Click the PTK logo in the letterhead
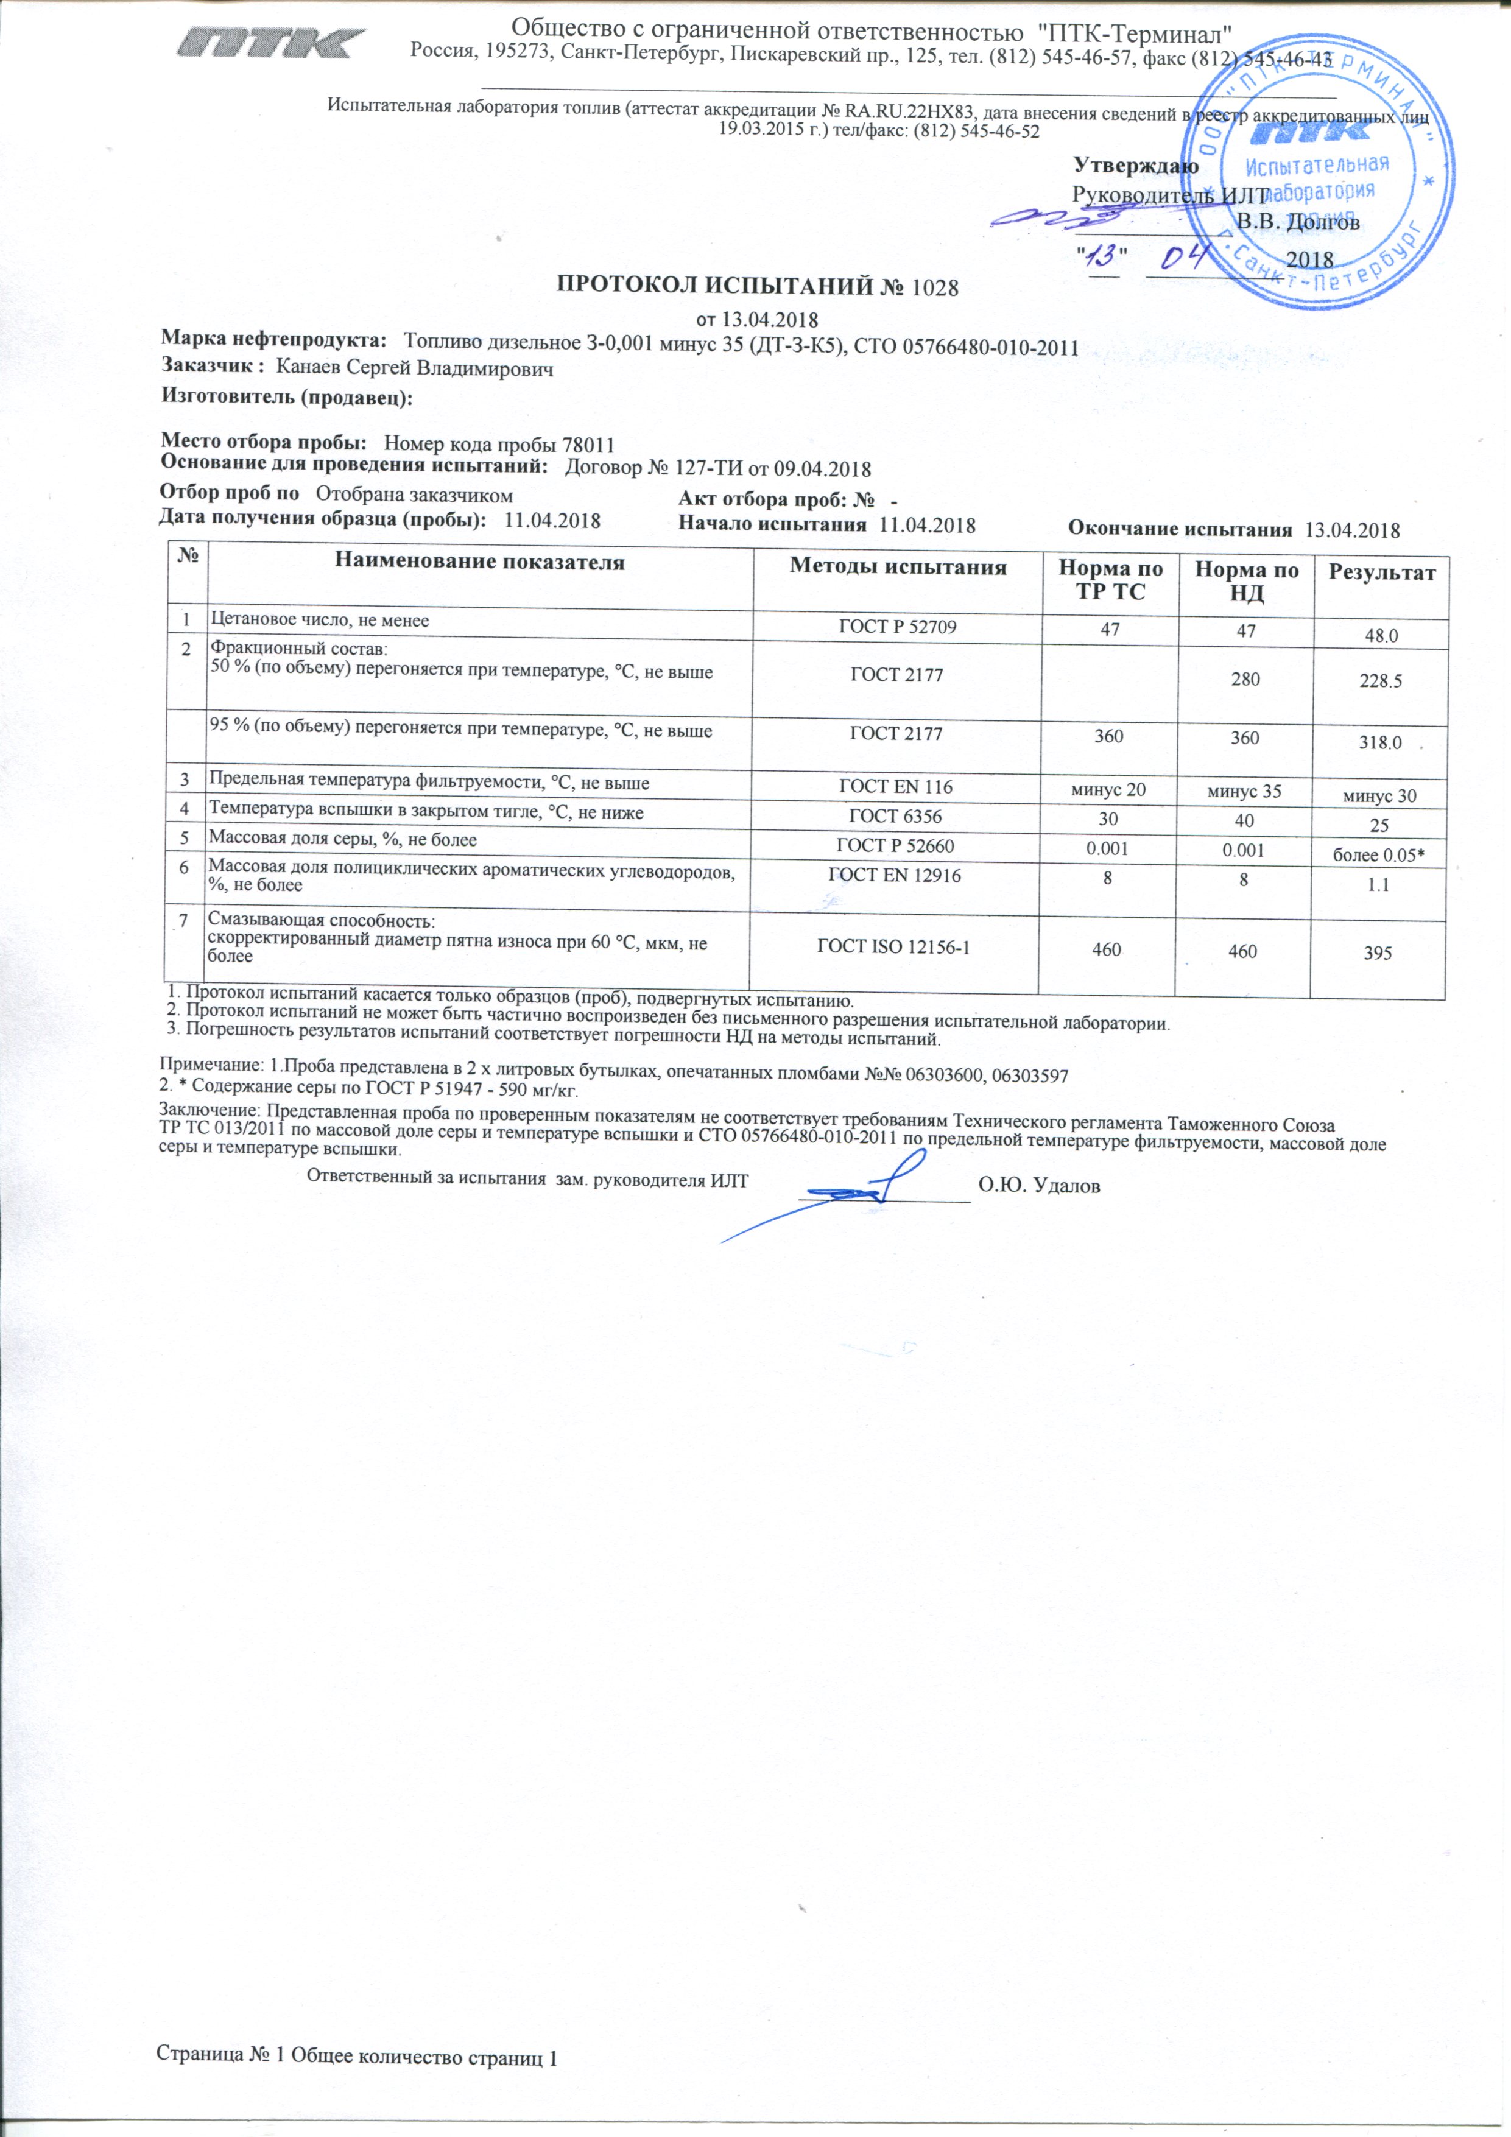pos(272,43)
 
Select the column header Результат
pos(1382,572)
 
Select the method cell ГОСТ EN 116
pos(896,786)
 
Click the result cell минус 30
pos(1379,797)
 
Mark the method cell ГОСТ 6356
pos(896,816)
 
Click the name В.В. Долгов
pos(1298,222)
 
